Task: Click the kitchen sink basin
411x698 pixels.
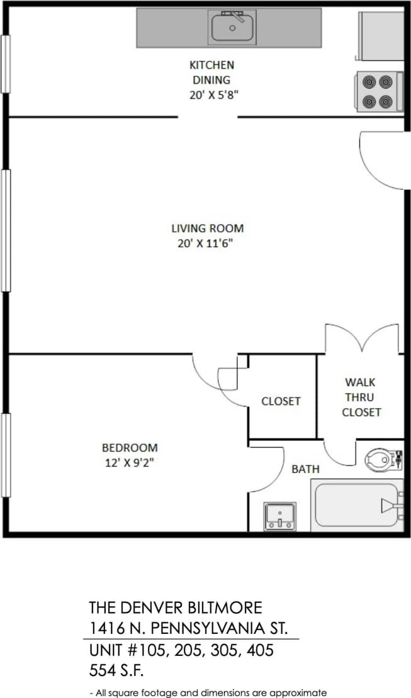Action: coord(232,28)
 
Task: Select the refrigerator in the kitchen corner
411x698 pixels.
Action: coord(380,35)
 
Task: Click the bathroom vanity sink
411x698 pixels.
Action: coord(279,516)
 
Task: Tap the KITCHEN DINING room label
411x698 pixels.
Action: coord(211,72)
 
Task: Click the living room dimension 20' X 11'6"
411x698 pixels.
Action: coord(207,244)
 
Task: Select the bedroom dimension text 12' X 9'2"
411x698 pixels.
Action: coord(130,463)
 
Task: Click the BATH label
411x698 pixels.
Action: coord(305,469)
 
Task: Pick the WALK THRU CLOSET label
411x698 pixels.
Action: coord(361,397)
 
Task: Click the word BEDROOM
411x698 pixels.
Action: coord(130,448)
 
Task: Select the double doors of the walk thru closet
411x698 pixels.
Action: coord(362,338)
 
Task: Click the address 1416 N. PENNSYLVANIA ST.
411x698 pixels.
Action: coord(189,628)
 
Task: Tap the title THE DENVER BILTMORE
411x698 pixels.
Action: coord(176,607)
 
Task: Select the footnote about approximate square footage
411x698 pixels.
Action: coord(208,692)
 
